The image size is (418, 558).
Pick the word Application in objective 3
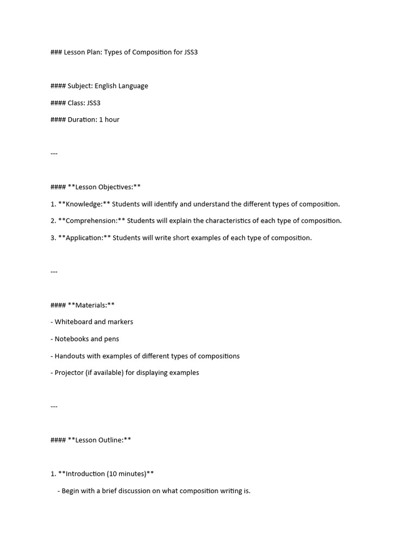pos(84,238)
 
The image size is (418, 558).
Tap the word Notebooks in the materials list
pos(71,339)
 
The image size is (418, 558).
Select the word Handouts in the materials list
pos(70,356)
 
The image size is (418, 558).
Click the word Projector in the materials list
pos(69,373)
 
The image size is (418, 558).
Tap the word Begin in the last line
pos(71,491)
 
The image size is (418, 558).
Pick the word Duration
pos(82,120)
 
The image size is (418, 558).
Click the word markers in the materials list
pos(120,322)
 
